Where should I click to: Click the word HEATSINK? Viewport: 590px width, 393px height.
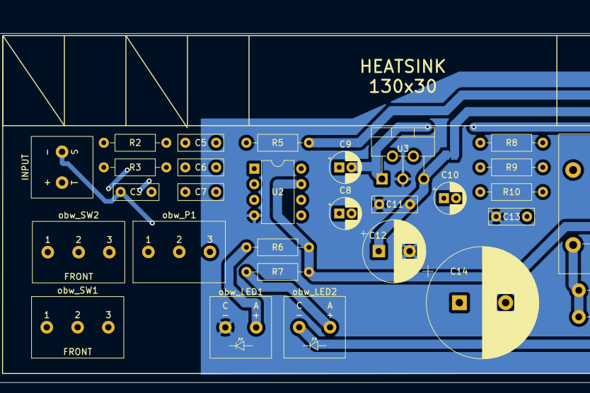point(403,66)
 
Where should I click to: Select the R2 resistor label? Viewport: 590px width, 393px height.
point(135,143)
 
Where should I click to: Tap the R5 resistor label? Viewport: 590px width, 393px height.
point(277,143)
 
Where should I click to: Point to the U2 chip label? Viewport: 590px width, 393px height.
point(277,192)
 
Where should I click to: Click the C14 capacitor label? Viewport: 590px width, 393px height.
point(459,271)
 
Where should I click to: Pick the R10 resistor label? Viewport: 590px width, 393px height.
point(511,192)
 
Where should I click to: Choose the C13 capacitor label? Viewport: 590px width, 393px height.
point(511,216)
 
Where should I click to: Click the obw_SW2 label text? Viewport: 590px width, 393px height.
point(78,215)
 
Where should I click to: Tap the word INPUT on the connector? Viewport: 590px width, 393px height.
point(26,167)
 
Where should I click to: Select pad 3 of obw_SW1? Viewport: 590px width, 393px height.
point(108,327)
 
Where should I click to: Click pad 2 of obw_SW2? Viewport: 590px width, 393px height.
point(79,252)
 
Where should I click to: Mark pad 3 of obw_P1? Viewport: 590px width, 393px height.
point(209,252)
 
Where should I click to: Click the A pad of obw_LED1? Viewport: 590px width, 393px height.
point(256,327)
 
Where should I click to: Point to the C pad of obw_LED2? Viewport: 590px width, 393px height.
point(299,327)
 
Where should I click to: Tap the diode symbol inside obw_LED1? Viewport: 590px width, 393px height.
point(240,346)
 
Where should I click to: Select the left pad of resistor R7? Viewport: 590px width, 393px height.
point(247,271)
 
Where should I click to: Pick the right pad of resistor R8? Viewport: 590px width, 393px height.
point(542,143)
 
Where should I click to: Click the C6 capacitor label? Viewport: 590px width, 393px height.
point(201,168)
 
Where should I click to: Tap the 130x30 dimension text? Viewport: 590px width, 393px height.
point(403,87)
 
